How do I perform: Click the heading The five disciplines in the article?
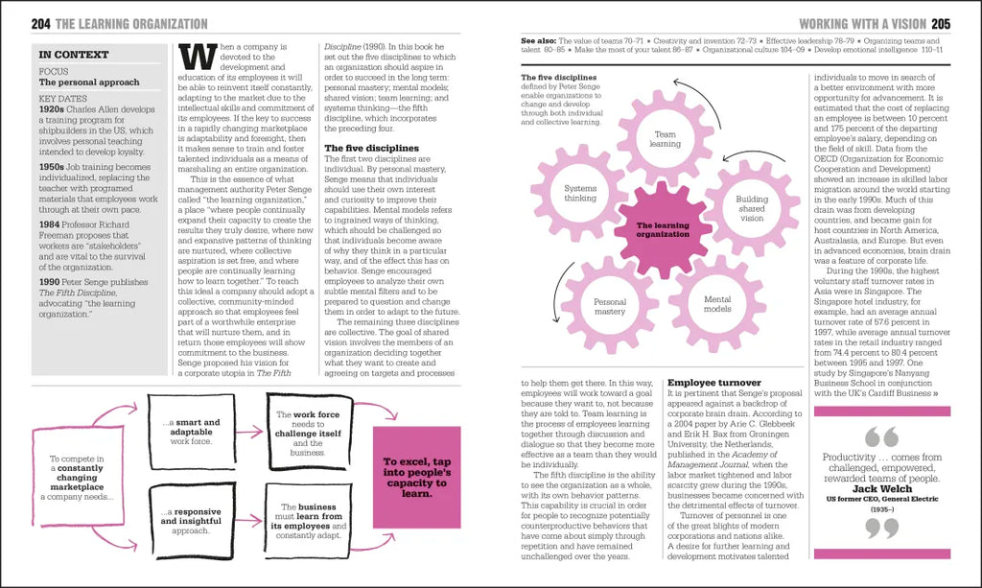point(371,148)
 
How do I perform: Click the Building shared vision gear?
point(752,207)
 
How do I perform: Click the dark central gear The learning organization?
point(664,229)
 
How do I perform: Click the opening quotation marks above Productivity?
point(881,437)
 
